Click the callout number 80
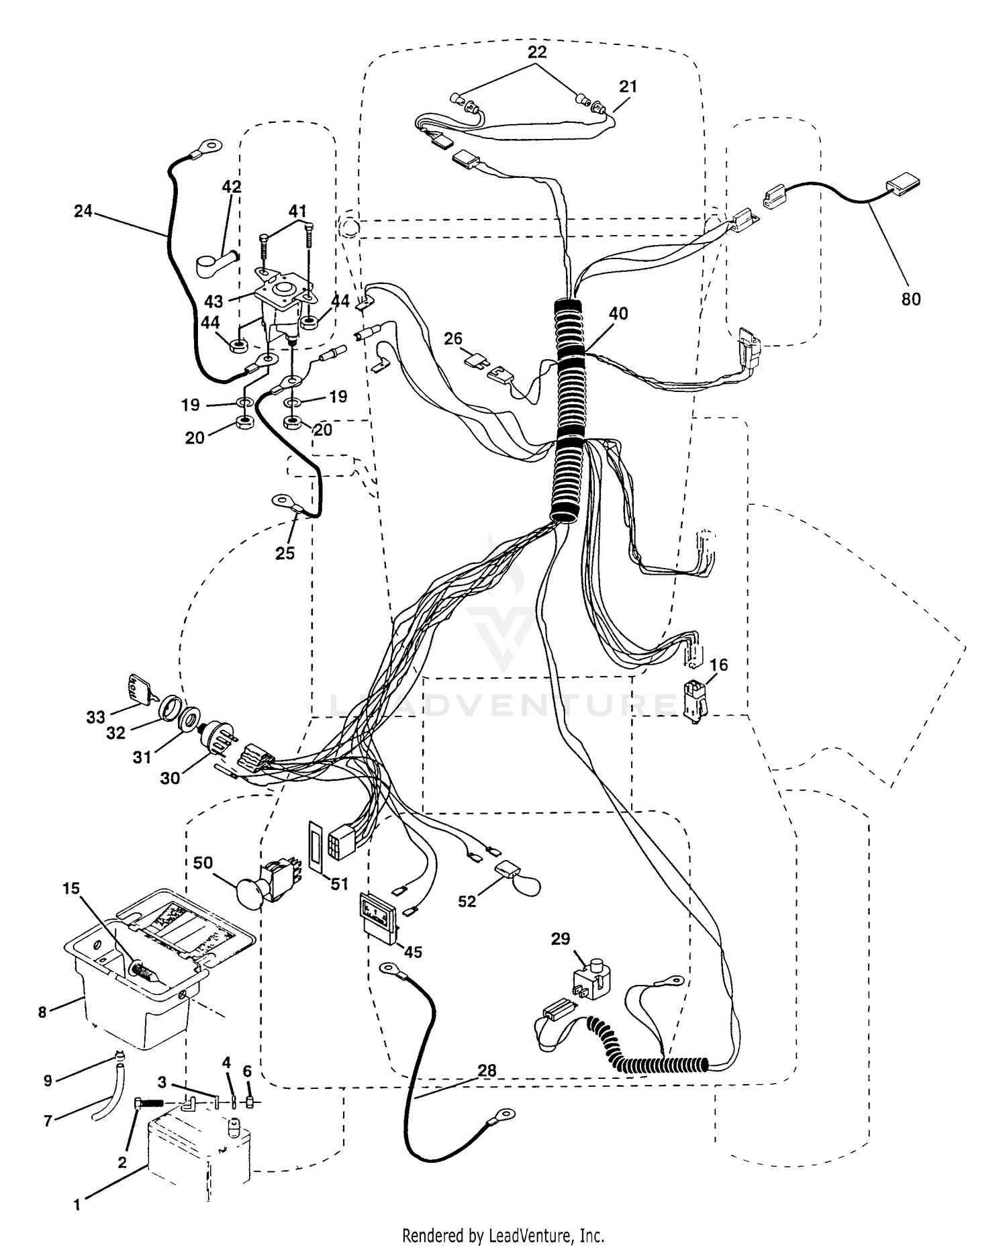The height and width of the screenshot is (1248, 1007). point(910,299)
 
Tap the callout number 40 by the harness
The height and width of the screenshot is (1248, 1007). point(618,313)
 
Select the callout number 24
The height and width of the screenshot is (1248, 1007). point(83,211)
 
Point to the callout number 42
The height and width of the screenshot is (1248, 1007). point(232,187)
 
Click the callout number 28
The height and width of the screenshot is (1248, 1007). point(487,1070)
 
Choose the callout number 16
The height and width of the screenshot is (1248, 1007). point(718,665)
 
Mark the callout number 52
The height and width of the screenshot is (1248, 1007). point(467,901)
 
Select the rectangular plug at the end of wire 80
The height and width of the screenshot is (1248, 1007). point(902,185)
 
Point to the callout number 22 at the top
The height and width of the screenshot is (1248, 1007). point(536,52)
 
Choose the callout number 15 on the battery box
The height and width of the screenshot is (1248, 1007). point(70,888)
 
